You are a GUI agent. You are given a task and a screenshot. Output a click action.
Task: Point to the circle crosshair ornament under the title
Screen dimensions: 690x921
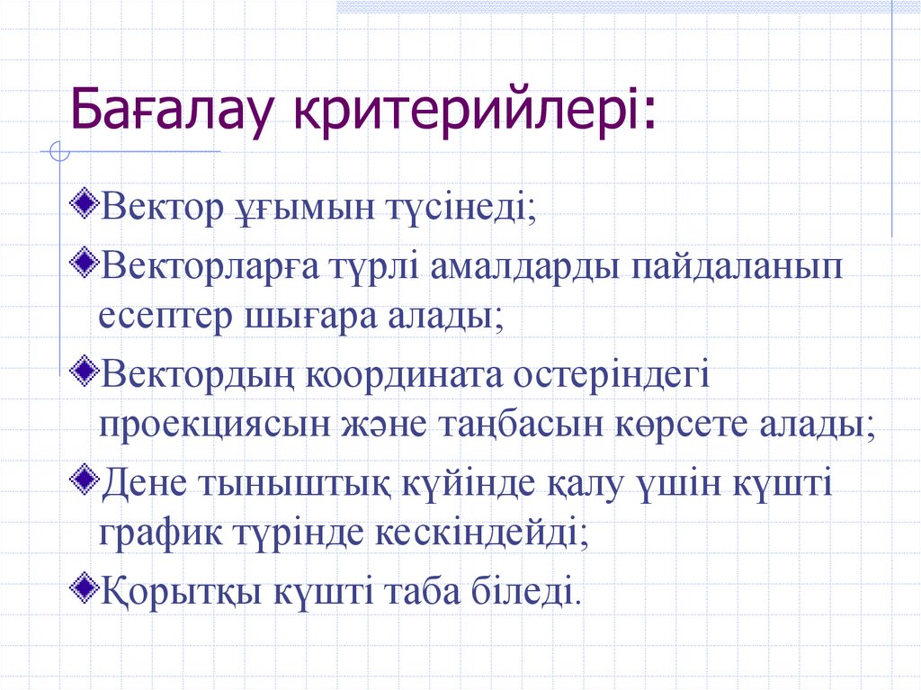60,152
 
